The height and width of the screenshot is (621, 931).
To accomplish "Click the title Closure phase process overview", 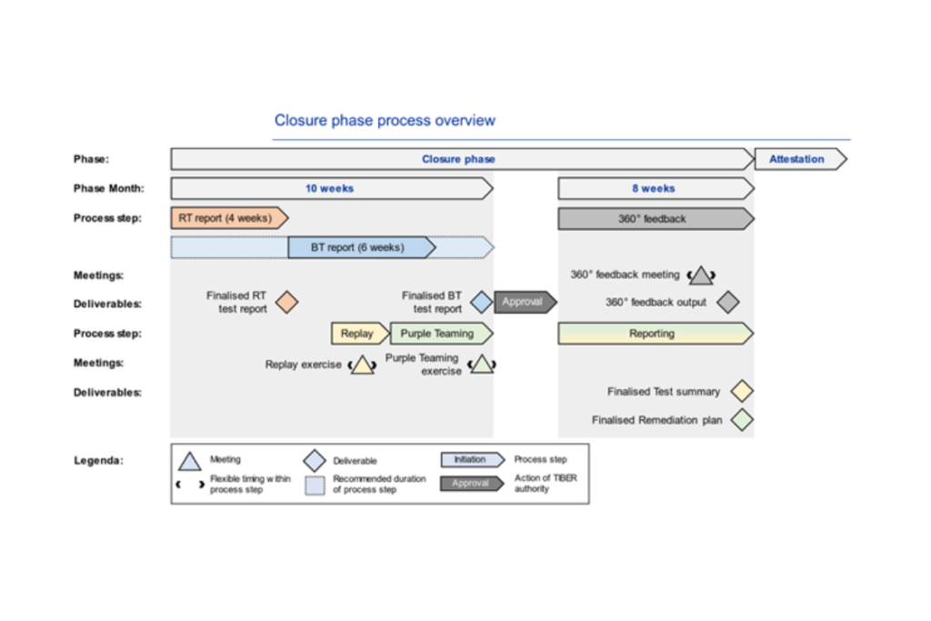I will pos(385,121).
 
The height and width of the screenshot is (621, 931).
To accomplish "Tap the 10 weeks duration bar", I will pos(330,189).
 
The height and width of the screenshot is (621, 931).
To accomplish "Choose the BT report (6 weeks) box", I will pos(360,247).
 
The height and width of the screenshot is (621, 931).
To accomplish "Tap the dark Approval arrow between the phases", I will pos(524,302).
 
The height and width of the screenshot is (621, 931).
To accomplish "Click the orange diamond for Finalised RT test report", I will pos(286,302).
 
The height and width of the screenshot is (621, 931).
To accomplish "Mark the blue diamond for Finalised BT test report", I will pos(481,302).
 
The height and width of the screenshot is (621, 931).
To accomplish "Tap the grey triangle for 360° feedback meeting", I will pos(701,275).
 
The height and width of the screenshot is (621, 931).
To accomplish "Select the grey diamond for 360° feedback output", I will pos(727,302).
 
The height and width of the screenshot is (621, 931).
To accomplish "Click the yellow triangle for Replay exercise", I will pos(362,366).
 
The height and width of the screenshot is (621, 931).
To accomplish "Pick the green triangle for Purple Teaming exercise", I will pos(482,366).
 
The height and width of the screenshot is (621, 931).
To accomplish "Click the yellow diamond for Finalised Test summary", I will pos(742,392).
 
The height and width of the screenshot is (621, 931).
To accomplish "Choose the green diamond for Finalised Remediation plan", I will pos(742,421).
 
